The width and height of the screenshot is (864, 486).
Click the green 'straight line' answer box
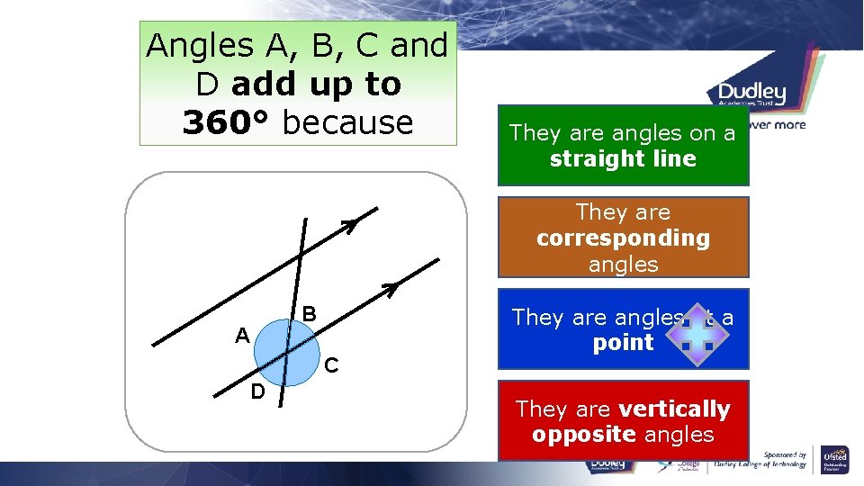pos(623,146)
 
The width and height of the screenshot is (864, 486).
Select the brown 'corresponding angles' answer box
pos(623,238)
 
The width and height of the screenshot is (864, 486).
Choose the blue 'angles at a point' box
pos(623,329)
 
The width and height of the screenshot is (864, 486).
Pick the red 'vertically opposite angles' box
pos(623,421)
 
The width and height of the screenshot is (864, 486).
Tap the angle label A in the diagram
pos(241,337)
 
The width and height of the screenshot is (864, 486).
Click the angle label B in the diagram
pos(309,314)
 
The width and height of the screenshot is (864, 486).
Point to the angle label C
pos(331,365)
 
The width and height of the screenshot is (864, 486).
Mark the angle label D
pos(257,392)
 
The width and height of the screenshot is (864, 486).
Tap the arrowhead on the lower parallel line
pos(390,289)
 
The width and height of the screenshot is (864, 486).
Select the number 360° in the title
pos(228,122)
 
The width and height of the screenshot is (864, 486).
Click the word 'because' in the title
pos(347,122)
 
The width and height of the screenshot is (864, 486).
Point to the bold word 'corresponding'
pos(623,238)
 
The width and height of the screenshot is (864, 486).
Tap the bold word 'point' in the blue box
pos(623,343)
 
